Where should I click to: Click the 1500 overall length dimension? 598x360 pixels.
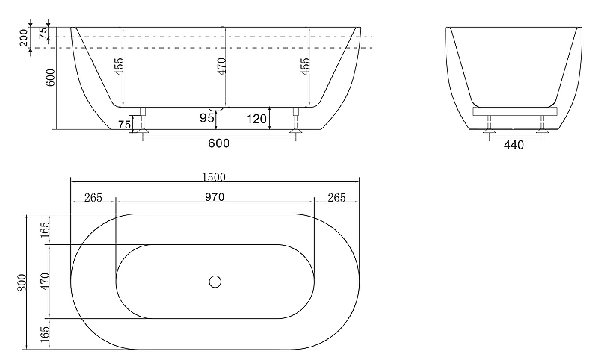[x=214, y=177]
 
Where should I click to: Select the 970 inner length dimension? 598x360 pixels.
[x=215, y=197]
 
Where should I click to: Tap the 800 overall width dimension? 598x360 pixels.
[x=22, y=282]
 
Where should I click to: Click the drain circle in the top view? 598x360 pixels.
[x=215, y=282]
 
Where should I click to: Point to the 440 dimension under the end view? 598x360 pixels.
[x=514, y=145]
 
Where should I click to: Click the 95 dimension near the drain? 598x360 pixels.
[x=207, y=118]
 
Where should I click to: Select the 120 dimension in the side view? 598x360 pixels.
[x=256, y=119]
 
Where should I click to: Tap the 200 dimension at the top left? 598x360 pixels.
[x=24, y=37]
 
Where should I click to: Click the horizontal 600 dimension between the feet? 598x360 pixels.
[x=219, y=143]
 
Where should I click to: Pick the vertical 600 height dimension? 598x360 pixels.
[x=51, y=78]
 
